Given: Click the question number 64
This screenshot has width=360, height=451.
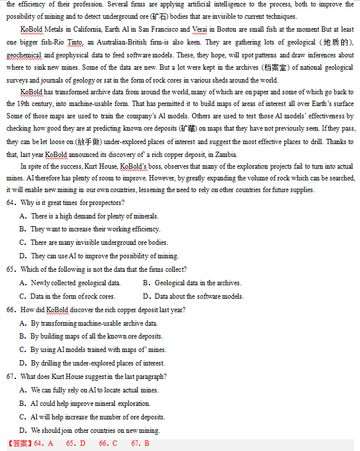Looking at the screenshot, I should click(x=12, y=203).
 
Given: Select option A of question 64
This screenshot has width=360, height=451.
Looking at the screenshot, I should click(x=23, y=216).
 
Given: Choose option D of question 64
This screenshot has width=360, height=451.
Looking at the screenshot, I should click(x=23, y=256).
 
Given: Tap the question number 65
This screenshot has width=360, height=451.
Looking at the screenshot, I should click(x=12, y=269).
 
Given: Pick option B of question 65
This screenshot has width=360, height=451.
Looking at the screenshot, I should click(x=147, y=283).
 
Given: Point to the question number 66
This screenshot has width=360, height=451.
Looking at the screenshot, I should click(x=12, y=310).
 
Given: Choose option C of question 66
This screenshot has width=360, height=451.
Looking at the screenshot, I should click(x=23, y=350).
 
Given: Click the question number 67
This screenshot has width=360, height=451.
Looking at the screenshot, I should click(x=12, y=377).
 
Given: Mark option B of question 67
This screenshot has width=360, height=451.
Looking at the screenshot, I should click(x=23, y=404).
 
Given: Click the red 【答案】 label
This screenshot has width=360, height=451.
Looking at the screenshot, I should click(x=20, y=443).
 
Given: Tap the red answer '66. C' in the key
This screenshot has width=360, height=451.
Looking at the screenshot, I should click(x=108, y=443).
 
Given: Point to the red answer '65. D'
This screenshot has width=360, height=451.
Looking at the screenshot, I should click(x=76, y=443).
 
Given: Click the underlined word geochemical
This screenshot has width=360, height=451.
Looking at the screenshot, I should click(x=24, y=55).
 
